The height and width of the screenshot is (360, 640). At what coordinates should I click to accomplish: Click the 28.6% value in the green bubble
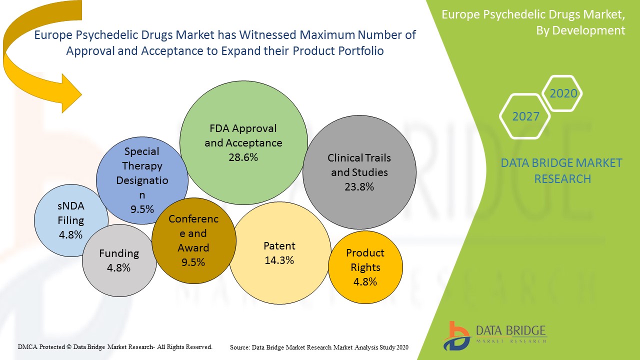tap(243, 157)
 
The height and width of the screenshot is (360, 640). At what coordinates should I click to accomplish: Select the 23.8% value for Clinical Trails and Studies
tap(359, 187)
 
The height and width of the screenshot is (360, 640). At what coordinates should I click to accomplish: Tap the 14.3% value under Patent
tap(279, 260)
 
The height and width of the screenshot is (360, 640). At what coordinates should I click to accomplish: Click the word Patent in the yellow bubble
tap(279, 246)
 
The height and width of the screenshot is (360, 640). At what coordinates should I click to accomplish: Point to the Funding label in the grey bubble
tap(119, 253)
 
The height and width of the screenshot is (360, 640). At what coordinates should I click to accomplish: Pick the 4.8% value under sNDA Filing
tap(70, 234)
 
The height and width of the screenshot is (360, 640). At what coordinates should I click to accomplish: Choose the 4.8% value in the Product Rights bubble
tap(365, 281)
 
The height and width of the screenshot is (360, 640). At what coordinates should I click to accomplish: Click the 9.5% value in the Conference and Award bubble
tap(193, 262)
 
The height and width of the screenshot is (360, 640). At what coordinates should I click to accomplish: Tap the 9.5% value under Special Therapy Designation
tap(142, 209)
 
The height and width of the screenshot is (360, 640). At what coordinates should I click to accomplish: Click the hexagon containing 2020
tap(563, 93)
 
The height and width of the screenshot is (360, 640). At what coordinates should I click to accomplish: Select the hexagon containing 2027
tap(525, 116)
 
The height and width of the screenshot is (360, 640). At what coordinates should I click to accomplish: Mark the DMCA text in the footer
tap(27, 346)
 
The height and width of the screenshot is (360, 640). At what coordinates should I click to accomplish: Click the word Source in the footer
tap(240, 347)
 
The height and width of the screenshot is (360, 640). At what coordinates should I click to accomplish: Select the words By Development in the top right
tap(580, 30)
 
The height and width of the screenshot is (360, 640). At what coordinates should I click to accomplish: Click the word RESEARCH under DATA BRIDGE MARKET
tap(562, 178)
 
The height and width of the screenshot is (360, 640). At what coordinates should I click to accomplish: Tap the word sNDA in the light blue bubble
tap(71, 206)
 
